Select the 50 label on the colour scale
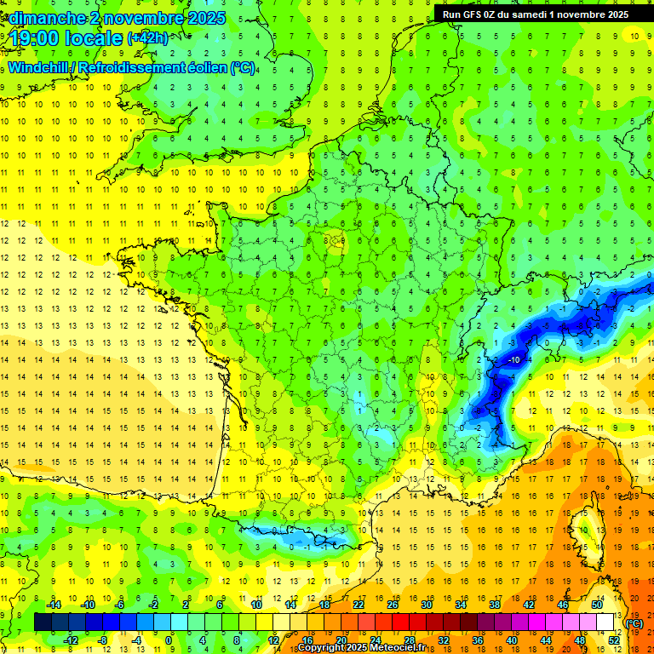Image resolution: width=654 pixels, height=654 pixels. point(596,605)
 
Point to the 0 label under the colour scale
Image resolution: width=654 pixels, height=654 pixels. point(169,640)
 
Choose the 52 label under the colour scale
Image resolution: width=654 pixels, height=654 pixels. point(614,640)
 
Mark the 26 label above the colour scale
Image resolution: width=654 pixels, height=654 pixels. point(393,605)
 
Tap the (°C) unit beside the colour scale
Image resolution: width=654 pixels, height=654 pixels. point(634,623)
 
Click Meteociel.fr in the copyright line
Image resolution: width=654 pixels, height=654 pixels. point(397,648)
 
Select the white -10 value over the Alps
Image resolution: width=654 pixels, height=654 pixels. point(514,360)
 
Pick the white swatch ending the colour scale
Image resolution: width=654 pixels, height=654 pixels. point(605,622)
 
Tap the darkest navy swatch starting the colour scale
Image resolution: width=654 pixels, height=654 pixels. point(43,622)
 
